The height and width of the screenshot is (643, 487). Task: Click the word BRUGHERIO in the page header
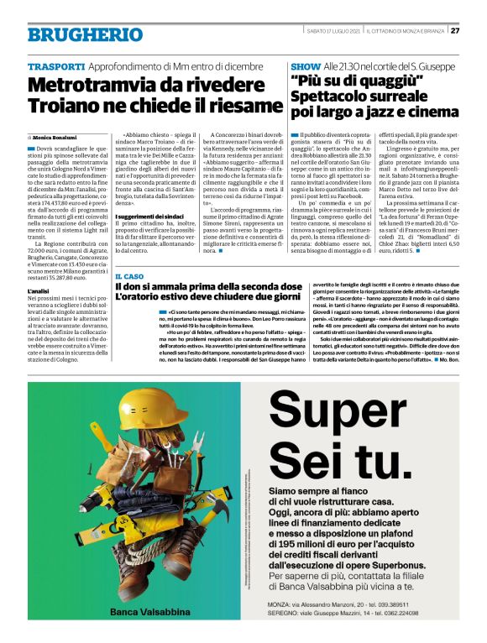point(77,34)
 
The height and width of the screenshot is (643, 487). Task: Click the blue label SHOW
point(304,65)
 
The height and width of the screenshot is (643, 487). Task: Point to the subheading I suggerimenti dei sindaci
point(146,217)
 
